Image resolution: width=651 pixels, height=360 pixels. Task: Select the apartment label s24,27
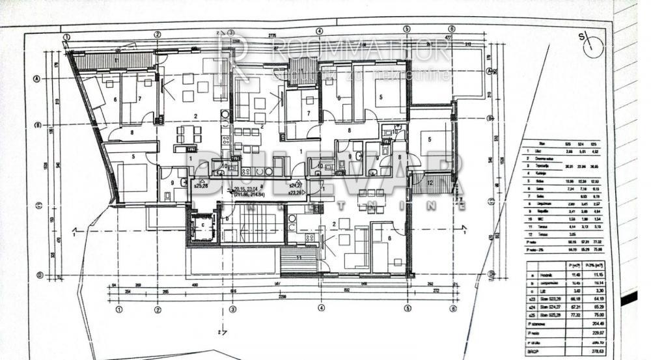pos(299,185)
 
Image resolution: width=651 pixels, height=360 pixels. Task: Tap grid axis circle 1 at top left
pos(66,37)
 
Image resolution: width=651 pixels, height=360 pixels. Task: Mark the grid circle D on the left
pos(39,275)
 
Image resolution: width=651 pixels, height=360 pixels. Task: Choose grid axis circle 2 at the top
pos(157,35)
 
